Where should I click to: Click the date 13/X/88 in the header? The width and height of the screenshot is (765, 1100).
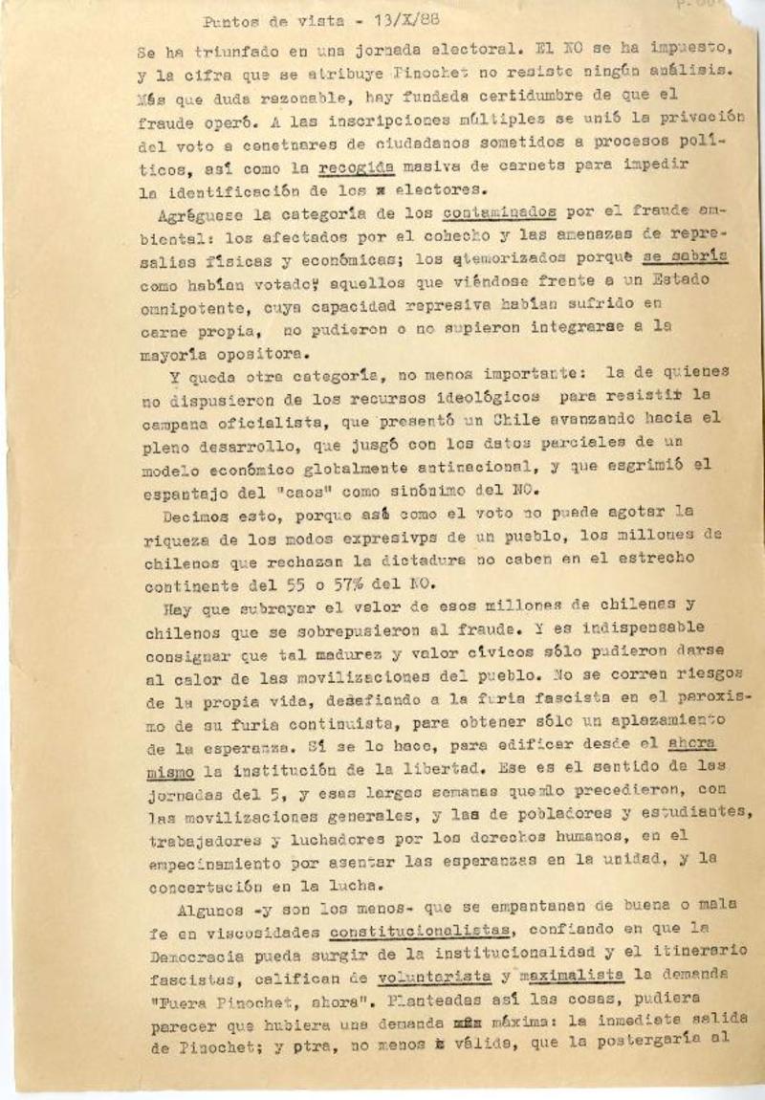click(400, 21)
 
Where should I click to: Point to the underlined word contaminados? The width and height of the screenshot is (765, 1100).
click(499, 212)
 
